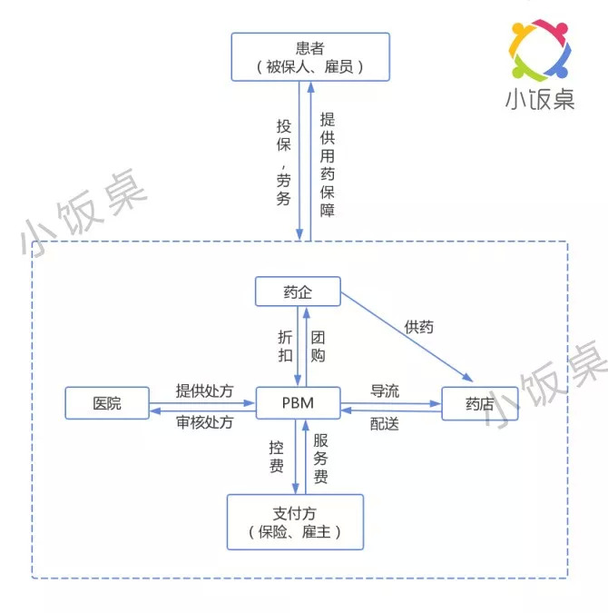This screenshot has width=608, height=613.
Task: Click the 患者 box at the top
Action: pyautogui.click(x=310, y=57)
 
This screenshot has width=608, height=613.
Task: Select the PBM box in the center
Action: pyautogui.click(x=298, y=403)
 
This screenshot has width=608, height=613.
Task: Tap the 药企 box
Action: pyautogui.click(x=298, y=292)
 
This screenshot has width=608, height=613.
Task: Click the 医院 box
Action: pyautogui.click(x=107, y=403)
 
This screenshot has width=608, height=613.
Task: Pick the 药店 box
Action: pyautogui.click(x=480, y=404)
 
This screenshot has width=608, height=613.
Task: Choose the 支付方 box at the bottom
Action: pyautogui.click(x=295, y=522)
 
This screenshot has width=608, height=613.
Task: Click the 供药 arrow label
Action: pyautogui.click(x=419, y=327)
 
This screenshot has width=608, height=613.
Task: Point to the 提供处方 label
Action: pyautogui.click(x=204, y=391)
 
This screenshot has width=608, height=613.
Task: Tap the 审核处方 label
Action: pyautogui.click(x=204, y=422)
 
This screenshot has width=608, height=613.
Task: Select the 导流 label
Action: pyautogui.click(x=385, y=391)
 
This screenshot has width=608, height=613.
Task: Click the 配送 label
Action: pyautogui.click(x=385, y=424)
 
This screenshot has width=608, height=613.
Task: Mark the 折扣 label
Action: pyautogui.click(x=285, y=346)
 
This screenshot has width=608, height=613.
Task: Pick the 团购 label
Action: pyautogui.click(x=318, y=346)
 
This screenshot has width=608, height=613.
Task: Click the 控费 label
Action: pyautogui.click(x=276, y=457)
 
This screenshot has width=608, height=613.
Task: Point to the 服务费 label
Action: pyautogui.click(x=320, y=459)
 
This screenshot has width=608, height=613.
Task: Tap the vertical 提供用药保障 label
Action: pyautogui.click(x=328, y=164)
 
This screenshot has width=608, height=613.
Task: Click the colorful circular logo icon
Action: pyautogui.click(x=540, y=50)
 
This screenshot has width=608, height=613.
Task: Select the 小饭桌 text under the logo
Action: pyautogui.click(x=540, y=99)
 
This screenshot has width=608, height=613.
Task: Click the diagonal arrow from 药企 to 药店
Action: pyautogui.click(x=407, y=337)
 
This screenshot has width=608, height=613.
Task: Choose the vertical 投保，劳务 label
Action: pyautogui.click(x=284, y=163)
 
